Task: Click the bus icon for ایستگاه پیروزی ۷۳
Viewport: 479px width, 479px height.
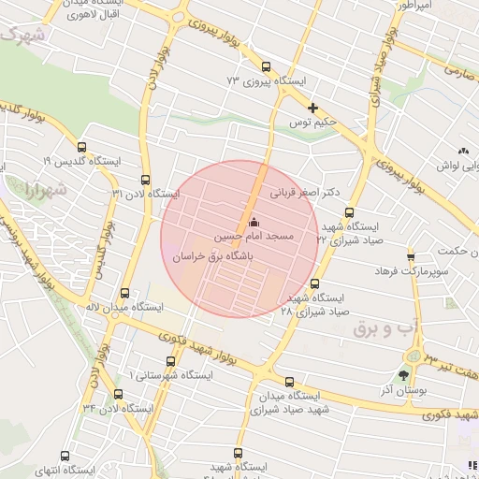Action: [x=267, y=66]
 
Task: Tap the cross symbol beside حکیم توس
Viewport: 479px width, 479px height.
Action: [x=312, y=108]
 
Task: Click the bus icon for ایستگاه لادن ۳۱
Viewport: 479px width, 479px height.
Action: [x=144, y=179]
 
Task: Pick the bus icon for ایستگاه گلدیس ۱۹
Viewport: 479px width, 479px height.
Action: [x=81, y=147]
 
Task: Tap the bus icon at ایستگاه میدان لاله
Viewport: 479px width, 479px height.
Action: [x=125, y=293]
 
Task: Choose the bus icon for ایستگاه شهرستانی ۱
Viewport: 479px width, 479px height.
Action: [x=169, y=361]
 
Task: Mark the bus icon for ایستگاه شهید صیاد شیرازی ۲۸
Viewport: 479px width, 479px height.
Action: [x=314, y=283]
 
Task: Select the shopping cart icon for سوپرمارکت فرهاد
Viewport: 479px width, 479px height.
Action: [x=410, y=255]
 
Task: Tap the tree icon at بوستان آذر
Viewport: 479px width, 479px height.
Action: [x=403, y=374]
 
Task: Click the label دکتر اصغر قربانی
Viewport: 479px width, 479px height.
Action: [x=305, y=195]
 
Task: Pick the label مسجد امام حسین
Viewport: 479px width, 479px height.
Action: [x=254, y=238]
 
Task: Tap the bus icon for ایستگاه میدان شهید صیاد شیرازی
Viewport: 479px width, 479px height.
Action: [x=289, y=382]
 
